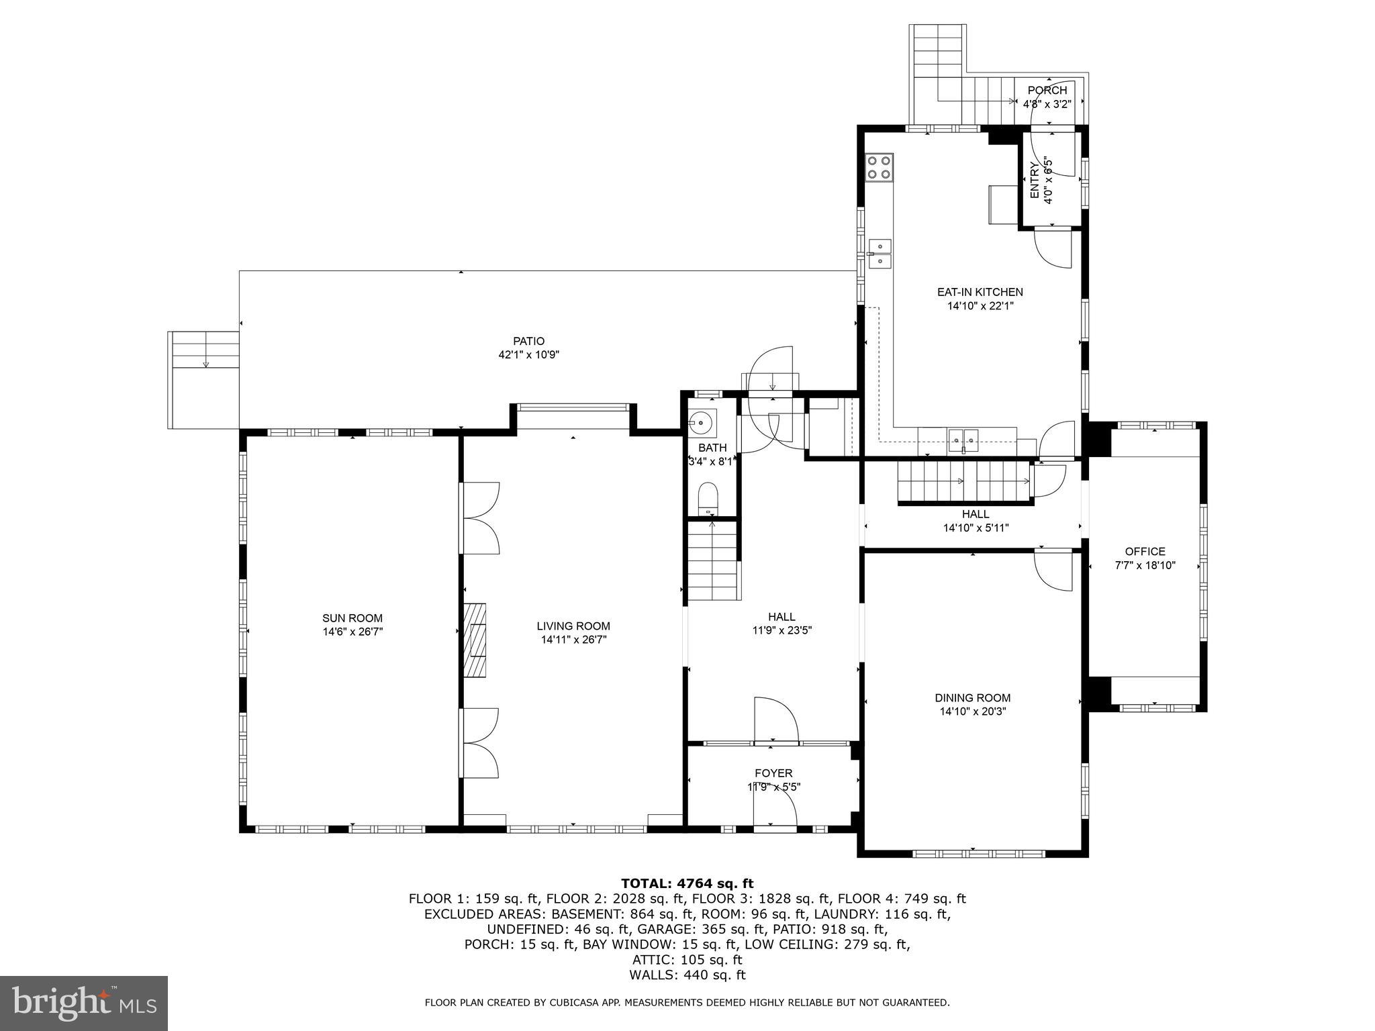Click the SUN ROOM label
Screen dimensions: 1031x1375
352,618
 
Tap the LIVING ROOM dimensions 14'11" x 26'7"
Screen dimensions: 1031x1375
573,640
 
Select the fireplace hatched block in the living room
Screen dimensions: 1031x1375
475,640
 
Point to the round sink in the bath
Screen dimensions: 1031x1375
702,422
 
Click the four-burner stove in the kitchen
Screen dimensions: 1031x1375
879,167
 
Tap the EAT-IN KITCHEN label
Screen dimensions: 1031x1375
980,292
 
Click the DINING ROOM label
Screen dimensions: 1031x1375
972,698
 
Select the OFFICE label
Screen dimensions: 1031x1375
1145,552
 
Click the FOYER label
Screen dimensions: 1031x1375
773,773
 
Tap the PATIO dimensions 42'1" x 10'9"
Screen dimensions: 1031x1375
528,355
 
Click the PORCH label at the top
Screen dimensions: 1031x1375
1047,91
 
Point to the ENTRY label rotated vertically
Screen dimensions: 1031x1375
1035,180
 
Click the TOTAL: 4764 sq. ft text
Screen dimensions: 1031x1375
687,883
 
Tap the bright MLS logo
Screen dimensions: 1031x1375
84,1003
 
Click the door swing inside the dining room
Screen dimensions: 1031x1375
1052,570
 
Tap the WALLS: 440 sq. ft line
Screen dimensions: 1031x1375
687,975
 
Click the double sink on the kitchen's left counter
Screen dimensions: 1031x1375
879,254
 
